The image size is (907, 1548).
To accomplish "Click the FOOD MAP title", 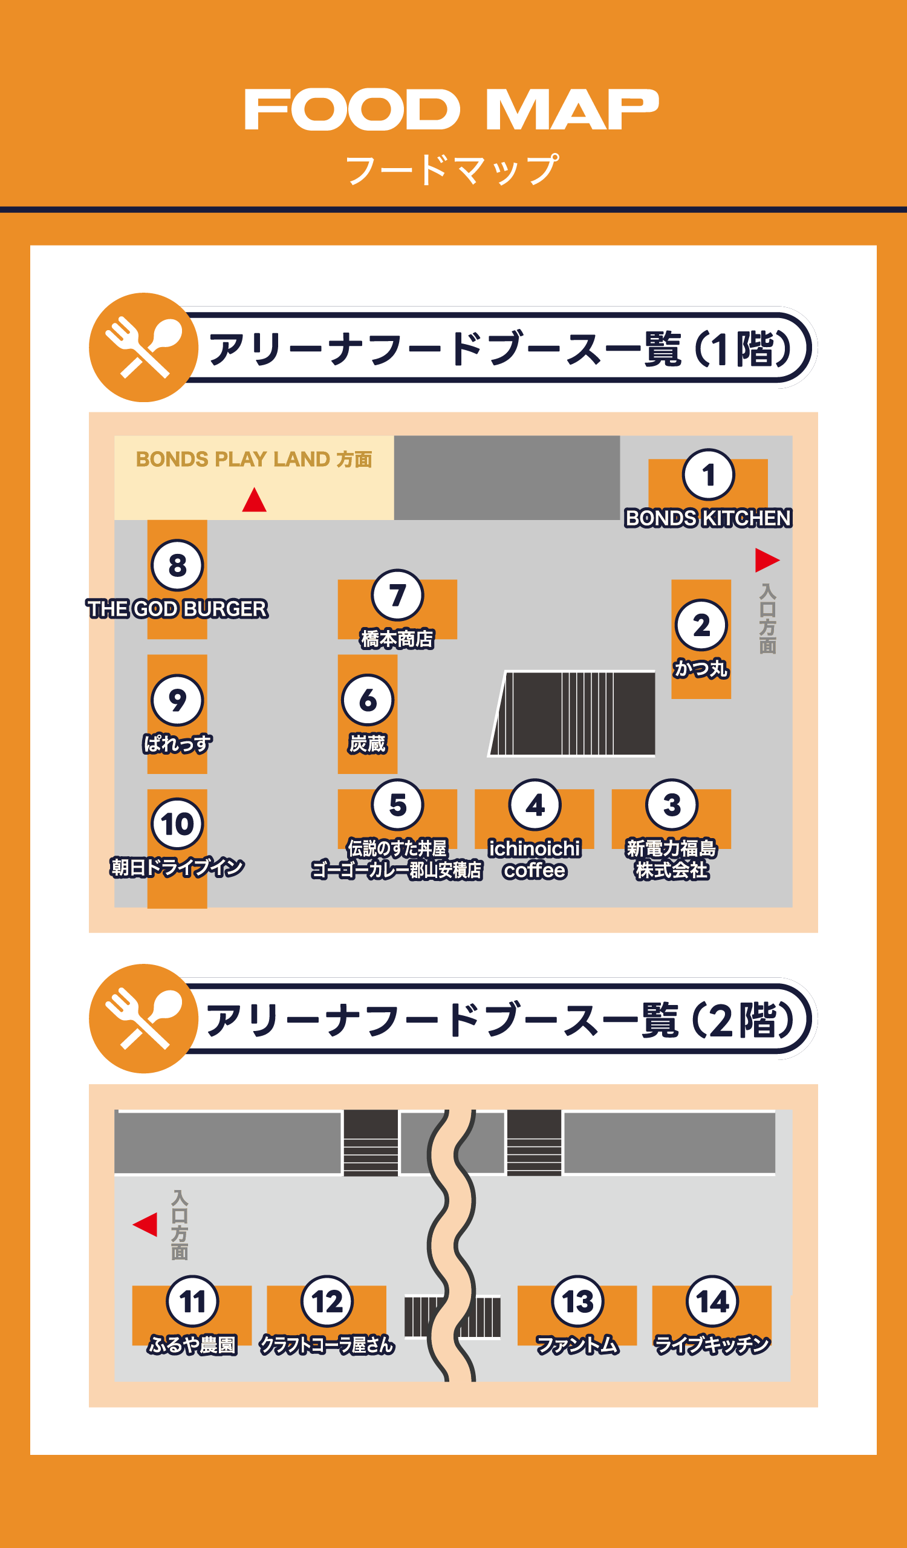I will (x=451, y=109).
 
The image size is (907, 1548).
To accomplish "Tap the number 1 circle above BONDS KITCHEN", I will (x=708, y=475).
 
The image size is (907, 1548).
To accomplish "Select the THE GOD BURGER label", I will (x=177, y=609).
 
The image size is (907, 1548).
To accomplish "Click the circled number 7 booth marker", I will (x=397, y=595).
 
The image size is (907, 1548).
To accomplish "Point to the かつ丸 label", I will (x=701, y=668).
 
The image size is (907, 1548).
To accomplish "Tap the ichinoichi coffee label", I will (x=535, y=859).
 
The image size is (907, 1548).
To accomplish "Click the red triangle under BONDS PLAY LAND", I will (x=254, y=500).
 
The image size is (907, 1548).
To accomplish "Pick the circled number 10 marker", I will (x=177, y=824).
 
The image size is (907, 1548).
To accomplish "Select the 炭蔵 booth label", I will (x=367, y=744).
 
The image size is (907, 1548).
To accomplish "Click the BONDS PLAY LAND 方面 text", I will (x=253, y=459).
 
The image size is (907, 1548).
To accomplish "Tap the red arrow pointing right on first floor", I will (x=766, y=559).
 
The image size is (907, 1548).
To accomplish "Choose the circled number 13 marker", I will (x=577, y=1302).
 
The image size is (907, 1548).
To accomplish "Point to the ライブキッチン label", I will (x=712, y=1345).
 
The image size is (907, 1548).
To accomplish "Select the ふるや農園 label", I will (x=192, y=1345).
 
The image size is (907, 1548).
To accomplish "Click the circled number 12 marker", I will (x=327, y=1302).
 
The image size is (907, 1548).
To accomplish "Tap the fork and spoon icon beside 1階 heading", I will (x=144, y=348).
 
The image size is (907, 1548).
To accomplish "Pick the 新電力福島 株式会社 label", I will (x=671, y=859).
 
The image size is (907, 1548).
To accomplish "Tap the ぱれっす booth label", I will (x=177, y=744).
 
